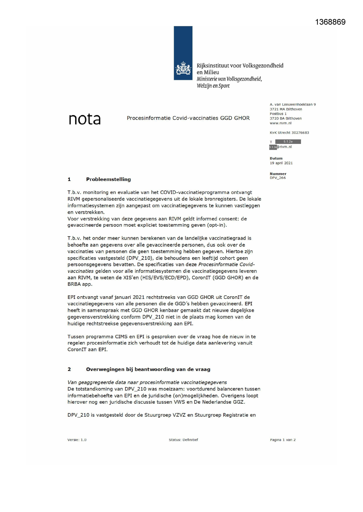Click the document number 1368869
(x=330, y=22)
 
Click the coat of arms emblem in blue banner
(x=183, y=69)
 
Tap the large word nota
(x=85, y=119)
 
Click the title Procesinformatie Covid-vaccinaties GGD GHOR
(x=188, y=118)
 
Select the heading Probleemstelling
(x=108, y=180)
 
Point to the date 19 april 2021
(x=281, y=163)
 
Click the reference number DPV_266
(x=278, y=178)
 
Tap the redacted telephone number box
(x=288, y=142)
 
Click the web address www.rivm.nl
(x=281, y=123)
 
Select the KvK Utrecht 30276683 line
(x=289, y=133)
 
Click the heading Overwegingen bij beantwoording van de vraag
(x=148, y=369)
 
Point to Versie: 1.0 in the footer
(x=77, y=440)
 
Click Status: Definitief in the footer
(x=183, y=440)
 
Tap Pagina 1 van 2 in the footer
(x=283, y=440)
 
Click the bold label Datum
(x=276, y=159)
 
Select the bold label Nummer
(x=278, y=174)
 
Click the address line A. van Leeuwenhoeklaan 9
(x=293, y=105)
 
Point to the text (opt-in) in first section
(x=217, y=225)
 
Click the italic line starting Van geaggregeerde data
(x=147, y=382)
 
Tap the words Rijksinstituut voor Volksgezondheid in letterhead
(x=240, y=66)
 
